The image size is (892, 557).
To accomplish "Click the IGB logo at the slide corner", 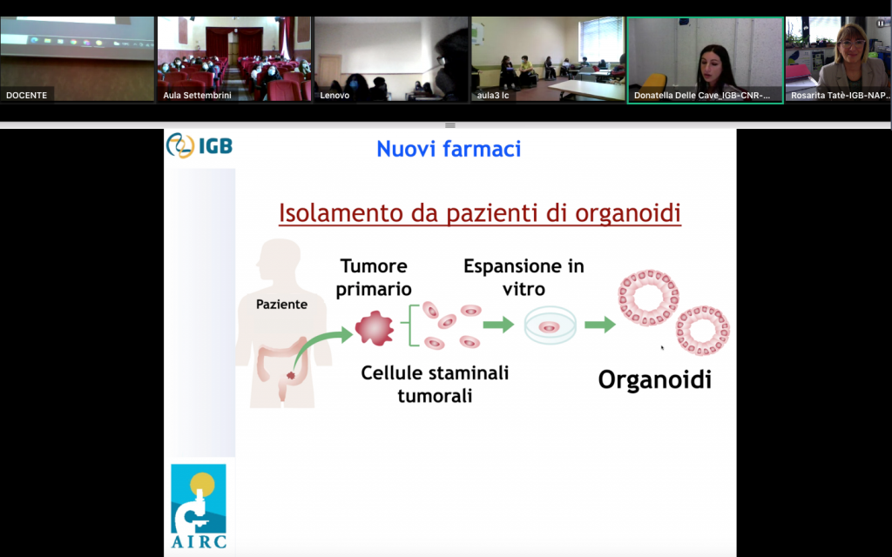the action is tap(199, 145).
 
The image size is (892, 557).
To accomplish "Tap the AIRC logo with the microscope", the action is tap(199, 507).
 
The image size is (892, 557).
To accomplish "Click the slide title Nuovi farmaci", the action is tap(449, 149).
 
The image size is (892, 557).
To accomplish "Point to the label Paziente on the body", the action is tap(281, 304).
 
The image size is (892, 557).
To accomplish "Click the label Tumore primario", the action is tap(374, 278).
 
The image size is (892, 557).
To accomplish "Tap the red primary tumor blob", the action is tap(375, 328).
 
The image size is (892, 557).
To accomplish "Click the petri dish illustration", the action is tap(550, 325).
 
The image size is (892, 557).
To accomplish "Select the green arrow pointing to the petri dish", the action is tap(498, 325).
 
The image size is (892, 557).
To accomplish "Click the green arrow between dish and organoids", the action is tap(600, 325).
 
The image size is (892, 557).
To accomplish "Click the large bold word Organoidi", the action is tap(655, 379).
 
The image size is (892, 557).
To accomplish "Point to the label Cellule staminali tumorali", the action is tap(436, 384).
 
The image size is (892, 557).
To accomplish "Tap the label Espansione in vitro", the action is tap(524, 278).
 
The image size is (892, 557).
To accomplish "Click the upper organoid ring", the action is tap(648, 298).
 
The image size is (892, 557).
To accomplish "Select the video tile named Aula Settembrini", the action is tap(234, 59).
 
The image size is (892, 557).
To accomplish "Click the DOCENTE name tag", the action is tap(27, 95).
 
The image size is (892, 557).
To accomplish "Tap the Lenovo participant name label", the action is tap(334, 95).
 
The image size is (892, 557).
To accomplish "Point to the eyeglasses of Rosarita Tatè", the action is tap(852, 44).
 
